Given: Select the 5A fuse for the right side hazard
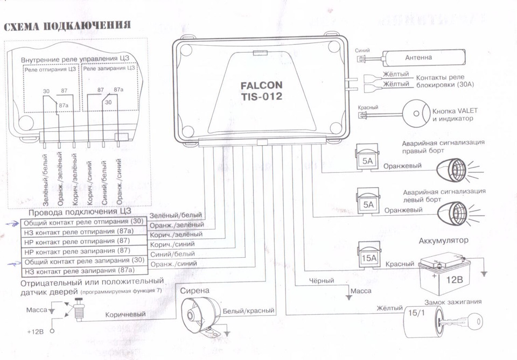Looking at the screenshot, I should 367,160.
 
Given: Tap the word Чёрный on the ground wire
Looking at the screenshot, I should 322,281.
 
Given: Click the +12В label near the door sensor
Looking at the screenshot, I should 35,331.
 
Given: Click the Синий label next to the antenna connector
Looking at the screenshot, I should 362,50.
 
